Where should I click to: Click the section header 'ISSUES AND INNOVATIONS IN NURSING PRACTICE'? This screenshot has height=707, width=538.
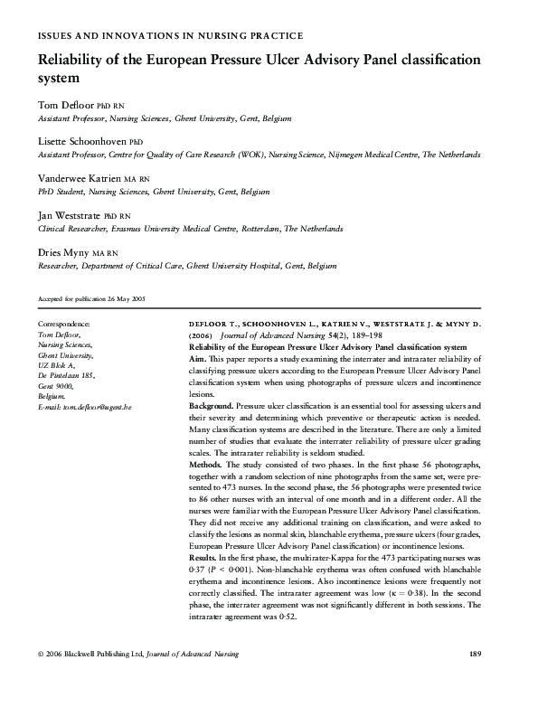click(x=169, y=35)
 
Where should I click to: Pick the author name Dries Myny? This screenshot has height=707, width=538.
click(x=62, y=253)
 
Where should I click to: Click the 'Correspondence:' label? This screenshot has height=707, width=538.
click(x=64, y=324)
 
